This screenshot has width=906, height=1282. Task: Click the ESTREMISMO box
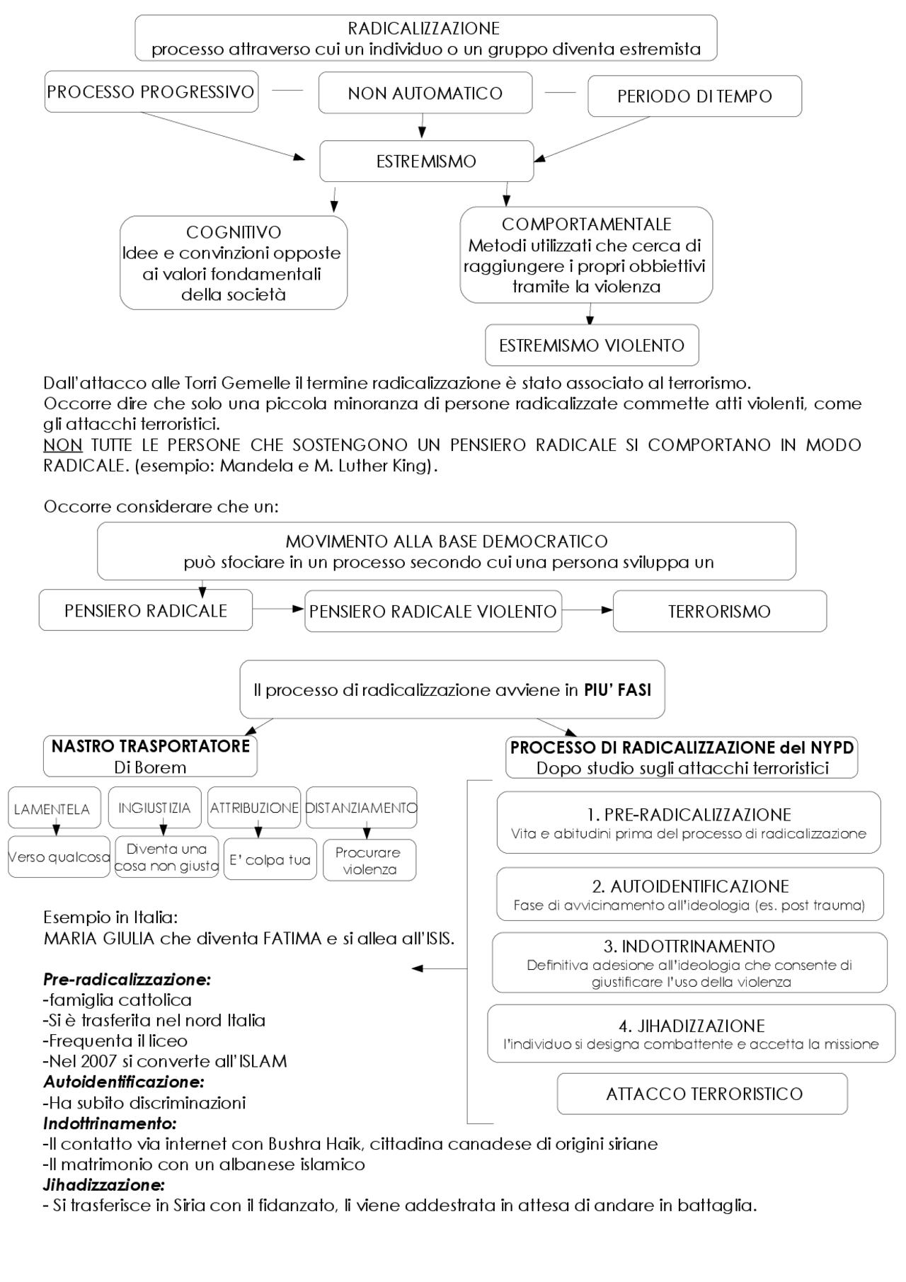point(426,161)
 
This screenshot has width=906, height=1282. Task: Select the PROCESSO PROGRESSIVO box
point(151,92)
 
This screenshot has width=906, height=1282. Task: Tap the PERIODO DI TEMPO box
point(694,96)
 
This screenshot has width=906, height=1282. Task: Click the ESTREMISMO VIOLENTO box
point(592,345)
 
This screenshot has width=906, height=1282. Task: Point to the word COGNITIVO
point(234,232)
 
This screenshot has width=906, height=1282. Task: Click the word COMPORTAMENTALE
point(586,224)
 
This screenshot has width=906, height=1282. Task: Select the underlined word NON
point(63,445)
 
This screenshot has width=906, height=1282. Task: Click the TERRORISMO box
point(719,612)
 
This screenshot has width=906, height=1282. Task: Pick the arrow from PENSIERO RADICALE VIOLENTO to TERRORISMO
point(587,610)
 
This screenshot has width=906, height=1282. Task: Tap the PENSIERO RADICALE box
point(146,611)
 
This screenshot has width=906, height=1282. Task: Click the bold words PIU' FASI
point(617,690)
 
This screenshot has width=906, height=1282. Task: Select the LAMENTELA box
point(52,809)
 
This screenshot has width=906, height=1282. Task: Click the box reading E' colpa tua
point(270,860)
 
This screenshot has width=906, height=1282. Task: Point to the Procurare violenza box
point(369,861)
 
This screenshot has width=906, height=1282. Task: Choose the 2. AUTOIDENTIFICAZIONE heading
point(690,886)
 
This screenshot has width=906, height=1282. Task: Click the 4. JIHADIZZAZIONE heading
point(692,1026)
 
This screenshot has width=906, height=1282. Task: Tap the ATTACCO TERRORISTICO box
point(704,1094)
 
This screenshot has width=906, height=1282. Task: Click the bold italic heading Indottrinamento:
point(110,1123)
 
